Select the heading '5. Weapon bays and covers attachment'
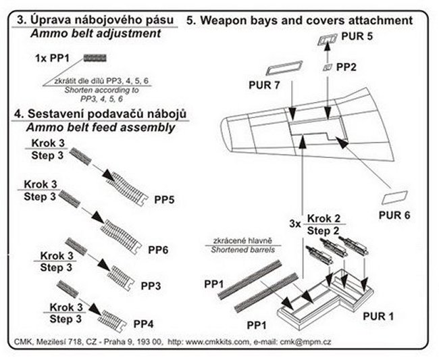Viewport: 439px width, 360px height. (x=299, y=21)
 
